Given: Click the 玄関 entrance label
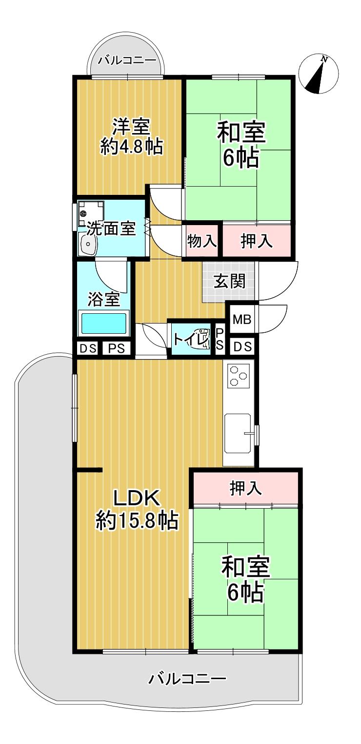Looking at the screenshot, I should point(228,282).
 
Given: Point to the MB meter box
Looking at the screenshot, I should point(241,320).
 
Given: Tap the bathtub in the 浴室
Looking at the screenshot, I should point(104,323).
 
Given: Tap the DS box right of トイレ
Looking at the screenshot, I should point(242,346).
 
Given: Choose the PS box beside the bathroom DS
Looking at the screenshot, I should point(116,348).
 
